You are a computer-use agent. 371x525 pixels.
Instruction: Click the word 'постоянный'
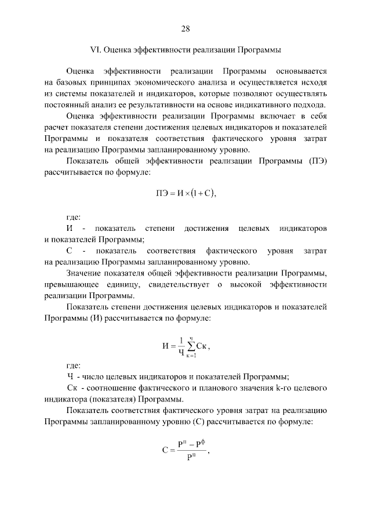66,104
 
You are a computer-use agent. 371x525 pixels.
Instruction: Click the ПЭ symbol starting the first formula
163,193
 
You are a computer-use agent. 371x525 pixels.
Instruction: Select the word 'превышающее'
69,284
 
